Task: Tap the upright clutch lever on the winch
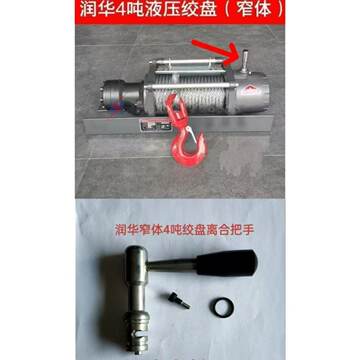(240, 59)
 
